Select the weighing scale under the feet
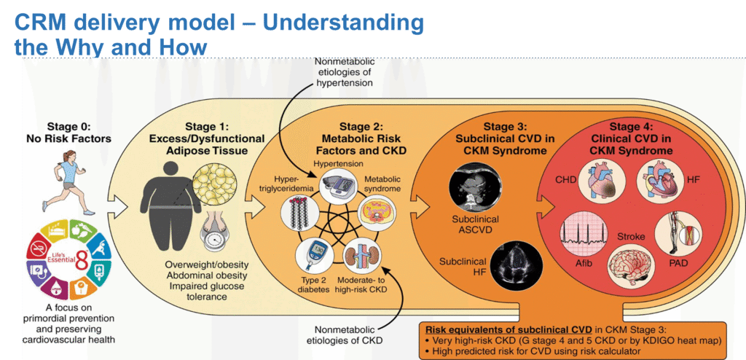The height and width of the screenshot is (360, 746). click(215, 239)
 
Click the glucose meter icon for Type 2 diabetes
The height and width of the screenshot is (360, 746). click(310, 256)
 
